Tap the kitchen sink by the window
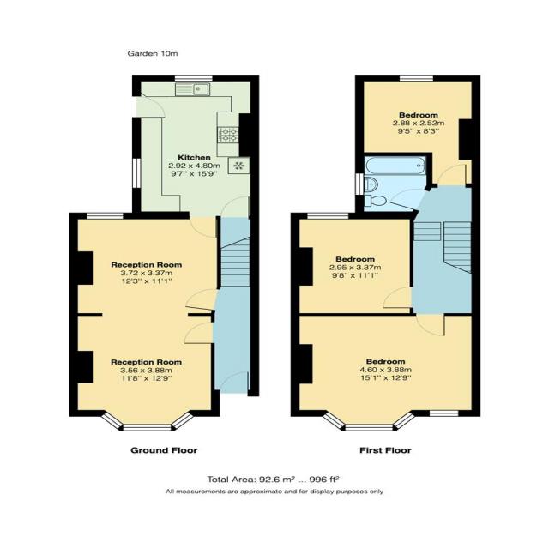pos(200,87)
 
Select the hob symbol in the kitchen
pos(229,135)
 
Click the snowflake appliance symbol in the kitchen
pos(239,166)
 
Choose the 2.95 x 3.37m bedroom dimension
pos(354,268)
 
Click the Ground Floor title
pos(164,449)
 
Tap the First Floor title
pos(384,449)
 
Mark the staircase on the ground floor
pos(233,262)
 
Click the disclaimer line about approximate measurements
pos(274,492)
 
